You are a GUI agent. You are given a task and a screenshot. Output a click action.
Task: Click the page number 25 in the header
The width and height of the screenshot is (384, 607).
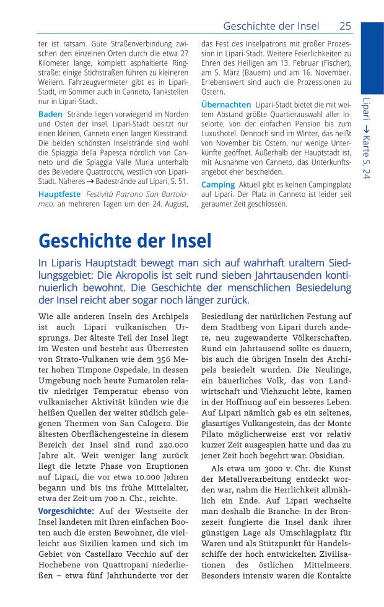[x=345, y=25]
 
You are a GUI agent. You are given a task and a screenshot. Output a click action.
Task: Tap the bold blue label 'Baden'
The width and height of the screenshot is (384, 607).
[x=50, y=115]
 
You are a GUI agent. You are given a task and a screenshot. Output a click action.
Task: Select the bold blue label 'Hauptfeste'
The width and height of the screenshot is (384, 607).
[x=59, y=194]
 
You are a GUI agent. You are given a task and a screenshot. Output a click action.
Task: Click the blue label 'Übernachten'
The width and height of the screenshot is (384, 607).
[x=226, y=105]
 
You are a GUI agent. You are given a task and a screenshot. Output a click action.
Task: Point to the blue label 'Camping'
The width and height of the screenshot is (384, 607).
[x=218, y=185]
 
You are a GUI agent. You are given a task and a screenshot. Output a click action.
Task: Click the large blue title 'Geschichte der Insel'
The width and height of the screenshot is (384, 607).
[x=124, y=240]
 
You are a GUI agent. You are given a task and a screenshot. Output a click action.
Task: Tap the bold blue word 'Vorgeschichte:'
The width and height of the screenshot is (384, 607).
[x=66, y=511]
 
